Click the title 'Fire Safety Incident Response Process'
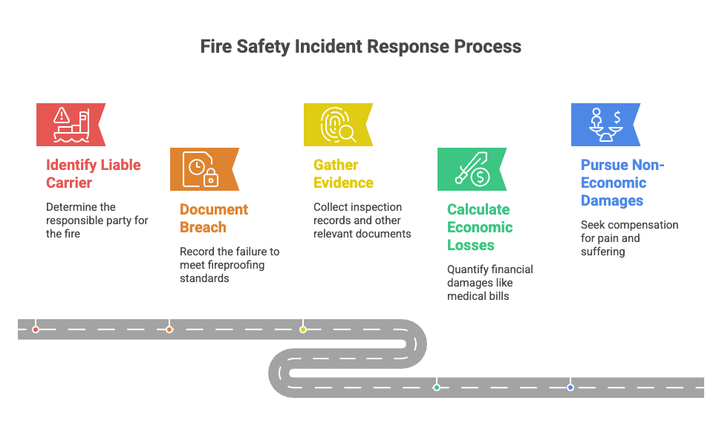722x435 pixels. pyautogui.click(x=360, y=47)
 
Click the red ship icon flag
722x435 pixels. pyautogui.click(x=71, y=125)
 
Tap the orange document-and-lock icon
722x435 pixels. pyautogui.click(x=201, y=169)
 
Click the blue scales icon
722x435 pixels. pyautogui.click(x=605, y=125)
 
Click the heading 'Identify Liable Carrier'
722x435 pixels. pyautogui.click(x=94, y=174)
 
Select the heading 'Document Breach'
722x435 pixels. pyautogui.click(x=214, y=218)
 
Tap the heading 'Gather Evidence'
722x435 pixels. pyautogui.click(x=343, y=174)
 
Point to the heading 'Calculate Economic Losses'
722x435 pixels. pyautogui.click(x=480, y=227)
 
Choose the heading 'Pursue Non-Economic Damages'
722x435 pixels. pyautogui.click(x=622, y=183)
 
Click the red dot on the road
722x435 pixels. pyautogui.click(x=36, y=330)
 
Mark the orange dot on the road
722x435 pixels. pyautogui.click(x=169, y=330)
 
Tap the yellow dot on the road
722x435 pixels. pyautogui.click(x=303, y=330)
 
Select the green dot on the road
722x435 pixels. pyautogui.click(x=437, y=387)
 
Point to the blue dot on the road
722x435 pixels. pyautogui.click(x=570, y=387)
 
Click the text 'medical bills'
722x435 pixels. pyautogui.click(x=478, y=296)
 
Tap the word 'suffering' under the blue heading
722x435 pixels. pyautogui.click(x=602, y=252)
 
